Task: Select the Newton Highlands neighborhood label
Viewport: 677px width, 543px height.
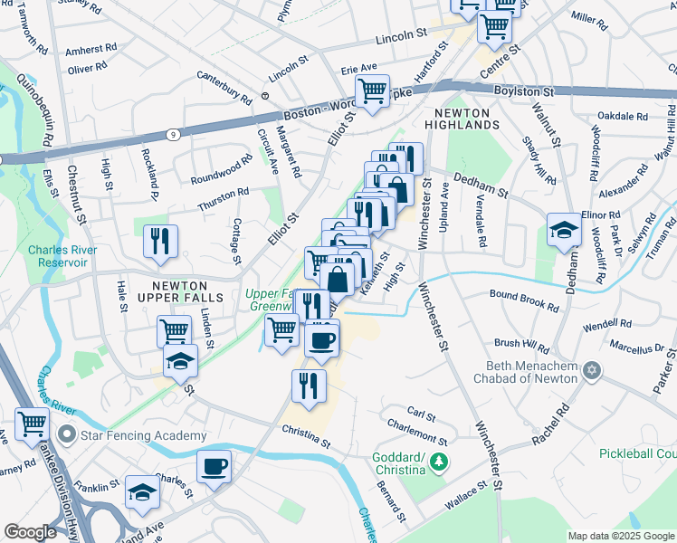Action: tap(454, 119)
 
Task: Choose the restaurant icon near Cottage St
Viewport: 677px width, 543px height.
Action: tap(161, 242)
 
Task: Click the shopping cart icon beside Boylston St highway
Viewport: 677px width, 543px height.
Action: tap(373, 90)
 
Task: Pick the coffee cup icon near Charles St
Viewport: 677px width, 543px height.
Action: tap(214, 467)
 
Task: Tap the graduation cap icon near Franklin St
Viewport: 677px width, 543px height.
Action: tap(141, 492)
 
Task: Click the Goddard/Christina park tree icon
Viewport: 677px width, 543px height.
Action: tap(438, 463)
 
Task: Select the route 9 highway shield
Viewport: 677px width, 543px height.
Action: tap(173, 134)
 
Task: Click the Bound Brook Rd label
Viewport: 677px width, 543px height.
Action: tap(524, 299)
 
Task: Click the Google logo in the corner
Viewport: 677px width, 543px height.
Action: tap(31, 532)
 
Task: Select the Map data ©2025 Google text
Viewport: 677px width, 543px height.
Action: tap(620, 536)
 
